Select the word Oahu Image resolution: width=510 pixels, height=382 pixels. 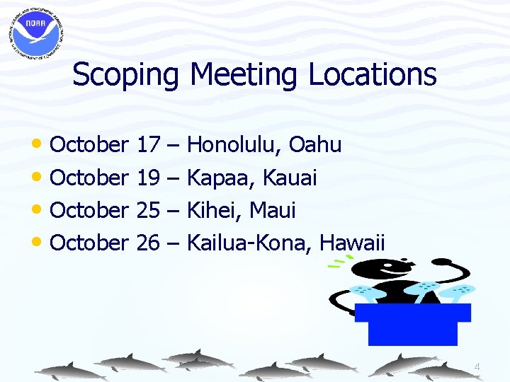pos(316,145)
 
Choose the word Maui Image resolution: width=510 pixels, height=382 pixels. pos(273,211)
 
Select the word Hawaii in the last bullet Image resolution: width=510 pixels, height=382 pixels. pos(352,243)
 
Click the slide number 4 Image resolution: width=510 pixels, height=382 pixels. pos(477,366)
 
